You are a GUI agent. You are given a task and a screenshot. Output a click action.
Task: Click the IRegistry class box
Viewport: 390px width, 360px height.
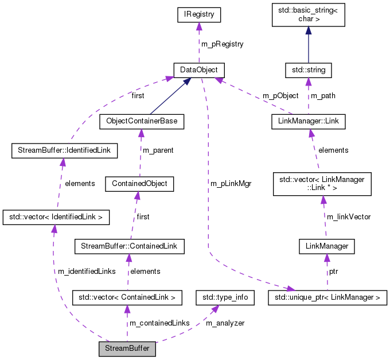[198, 14]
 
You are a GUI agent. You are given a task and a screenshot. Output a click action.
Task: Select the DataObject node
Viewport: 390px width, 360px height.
[198, 70]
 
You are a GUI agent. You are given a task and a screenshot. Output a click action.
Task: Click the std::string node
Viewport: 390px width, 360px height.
[309, 70]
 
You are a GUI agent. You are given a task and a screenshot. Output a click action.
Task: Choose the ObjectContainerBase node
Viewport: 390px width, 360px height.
[141, 122]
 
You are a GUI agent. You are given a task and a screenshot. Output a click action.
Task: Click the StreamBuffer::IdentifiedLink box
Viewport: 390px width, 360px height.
[65, 151]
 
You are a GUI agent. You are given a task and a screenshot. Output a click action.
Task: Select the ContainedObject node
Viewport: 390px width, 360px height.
[139, 184]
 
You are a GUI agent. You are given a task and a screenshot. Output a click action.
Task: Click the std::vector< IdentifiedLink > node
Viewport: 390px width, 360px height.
[56, 217]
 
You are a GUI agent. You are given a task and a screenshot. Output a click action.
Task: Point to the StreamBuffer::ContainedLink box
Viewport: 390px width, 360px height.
[129, 246]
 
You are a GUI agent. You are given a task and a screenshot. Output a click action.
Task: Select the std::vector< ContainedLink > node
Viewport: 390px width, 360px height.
[127, 297]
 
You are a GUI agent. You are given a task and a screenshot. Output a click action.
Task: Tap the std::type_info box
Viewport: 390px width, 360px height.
[225, 297]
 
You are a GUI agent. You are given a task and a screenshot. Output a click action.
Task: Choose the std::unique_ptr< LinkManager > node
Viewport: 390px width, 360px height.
[327, 297]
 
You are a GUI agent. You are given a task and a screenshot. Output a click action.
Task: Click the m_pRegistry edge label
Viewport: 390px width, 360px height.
[222, 44]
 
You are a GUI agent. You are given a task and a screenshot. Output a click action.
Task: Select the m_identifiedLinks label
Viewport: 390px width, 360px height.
[86, 271]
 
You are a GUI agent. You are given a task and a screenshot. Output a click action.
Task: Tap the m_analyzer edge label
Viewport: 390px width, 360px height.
[225, 323]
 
